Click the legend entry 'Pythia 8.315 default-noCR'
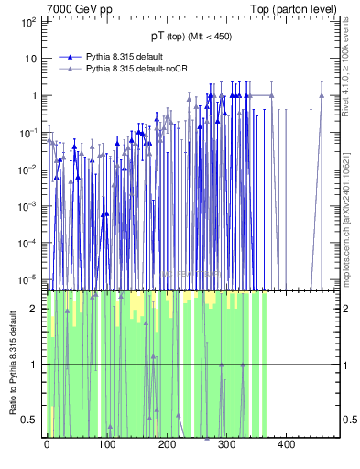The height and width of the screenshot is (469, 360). [x=142, y=69]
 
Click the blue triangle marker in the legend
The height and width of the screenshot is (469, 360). [x=70, y=56]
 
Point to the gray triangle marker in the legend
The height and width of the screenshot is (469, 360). [x=70, y=69]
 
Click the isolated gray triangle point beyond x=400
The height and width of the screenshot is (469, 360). [x=322, y=95]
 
